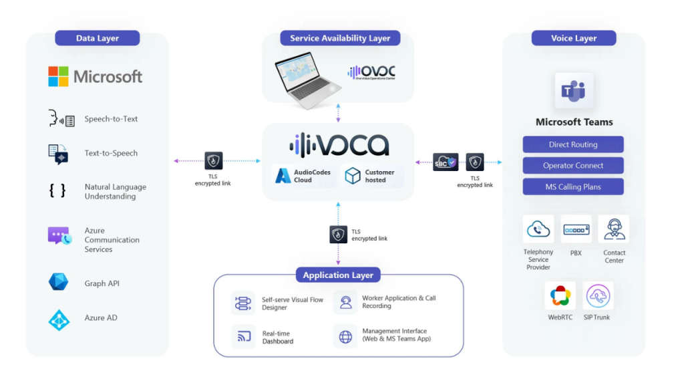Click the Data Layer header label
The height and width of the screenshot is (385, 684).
pyautogui.click(x=98, y=38)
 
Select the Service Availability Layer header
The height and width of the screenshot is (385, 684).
pyautogui.click(x=340, y=38)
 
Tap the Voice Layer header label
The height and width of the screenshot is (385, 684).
pyautogui.click(x=574, y=38)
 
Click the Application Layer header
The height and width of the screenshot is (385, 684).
pyautogui.click(x=339, y=275)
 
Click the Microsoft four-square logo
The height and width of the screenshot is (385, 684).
pyautogui.click(x=58, y=76)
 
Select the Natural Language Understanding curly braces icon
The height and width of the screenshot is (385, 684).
pyautogui.click(x=58, y=191)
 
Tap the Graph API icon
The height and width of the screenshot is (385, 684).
pyautogui.click(x=59, y=282)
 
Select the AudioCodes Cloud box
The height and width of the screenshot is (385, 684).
pyautogui.click(x=304, y=176)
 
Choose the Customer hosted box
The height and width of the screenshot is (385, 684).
pyautogui.click(x=371, y=176)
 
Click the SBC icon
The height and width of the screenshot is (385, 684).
pyautogui.click(x=445, y=162)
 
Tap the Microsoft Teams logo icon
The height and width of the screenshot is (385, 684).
pyautogui.click(x=574, y=92)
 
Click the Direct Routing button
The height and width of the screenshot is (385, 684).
pyautogui.click(x=573, y=144)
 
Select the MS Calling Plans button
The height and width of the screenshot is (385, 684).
pyautogui.click(x=573, y=186)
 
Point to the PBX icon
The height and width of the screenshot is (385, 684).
pyautogui.click(x=576, y=230)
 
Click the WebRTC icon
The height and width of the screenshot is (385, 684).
pyautogui.click(x=560, y=295)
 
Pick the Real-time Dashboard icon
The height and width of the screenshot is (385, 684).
pyautogui.click(x=244, y=336)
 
